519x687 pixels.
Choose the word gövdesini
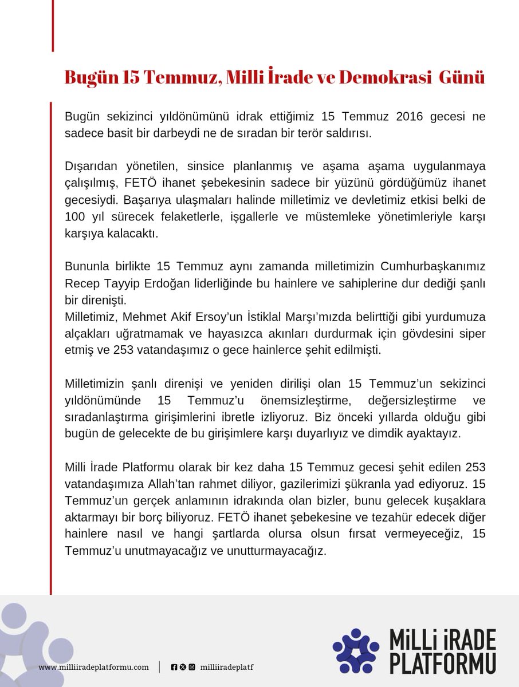coord(442,334)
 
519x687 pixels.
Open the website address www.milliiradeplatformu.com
coord(94,668)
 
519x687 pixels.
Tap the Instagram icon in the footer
coord(191,668)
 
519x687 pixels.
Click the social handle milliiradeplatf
coord(227,668)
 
